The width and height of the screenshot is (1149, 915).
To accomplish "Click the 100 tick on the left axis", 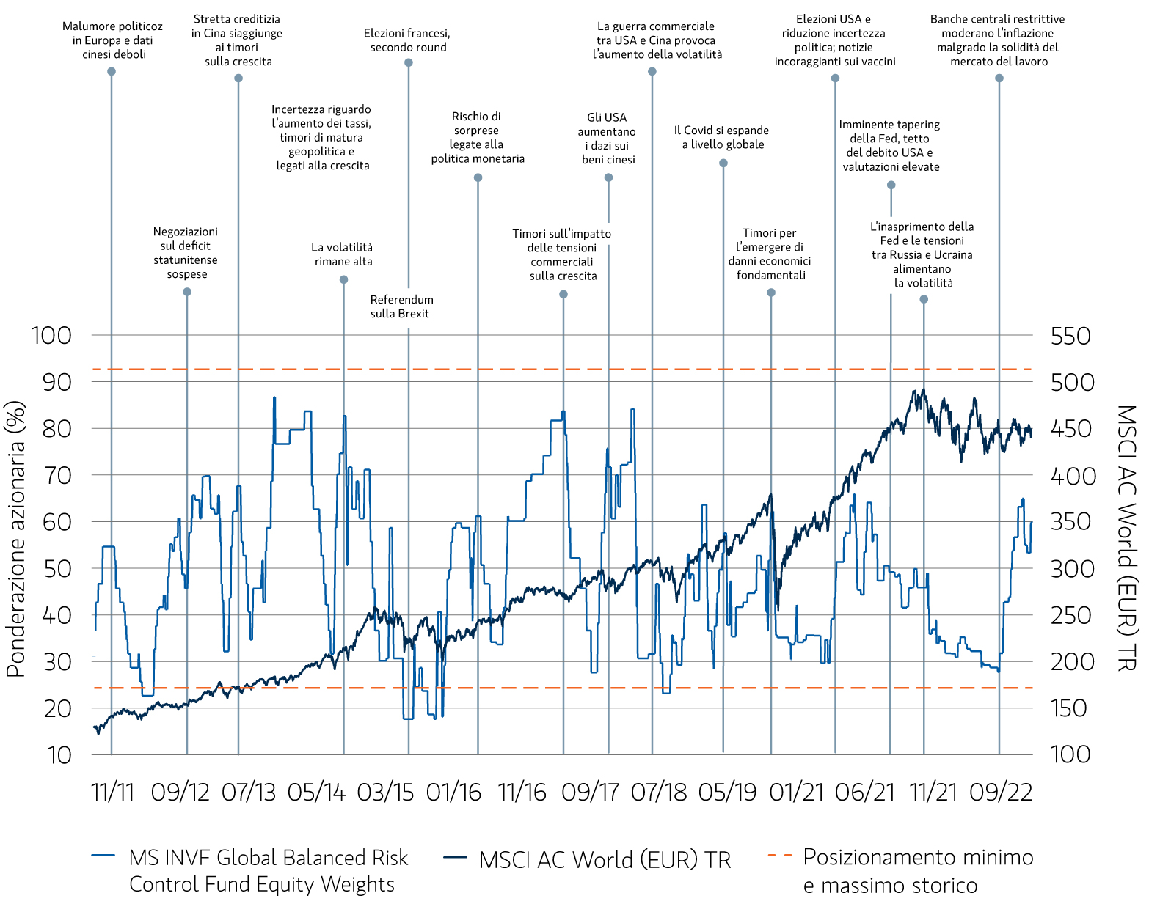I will [x=51, y=336].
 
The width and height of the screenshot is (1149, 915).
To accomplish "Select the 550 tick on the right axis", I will [x=1070, y=337].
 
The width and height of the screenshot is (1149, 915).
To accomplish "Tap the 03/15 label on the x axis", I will [x=385, y=793].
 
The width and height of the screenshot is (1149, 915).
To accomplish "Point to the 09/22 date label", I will [x=1000, y=793].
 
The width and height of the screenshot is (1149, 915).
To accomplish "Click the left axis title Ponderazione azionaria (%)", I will [x=16, y=539].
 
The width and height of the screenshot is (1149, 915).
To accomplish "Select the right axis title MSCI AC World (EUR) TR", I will [x=1127, y=539].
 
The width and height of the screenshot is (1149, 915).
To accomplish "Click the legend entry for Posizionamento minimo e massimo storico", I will [x=917, y=871].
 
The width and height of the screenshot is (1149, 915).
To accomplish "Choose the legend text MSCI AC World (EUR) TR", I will [x=605, y=860].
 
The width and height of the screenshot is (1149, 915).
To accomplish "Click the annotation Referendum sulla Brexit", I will [x=401, y=306].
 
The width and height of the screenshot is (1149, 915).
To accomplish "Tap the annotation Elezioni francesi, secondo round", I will [x=407, y=40].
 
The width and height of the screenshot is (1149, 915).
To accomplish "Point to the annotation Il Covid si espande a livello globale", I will [x=722, y=137].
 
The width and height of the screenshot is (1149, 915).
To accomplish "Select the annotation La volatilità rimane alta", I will [x=343, y=254].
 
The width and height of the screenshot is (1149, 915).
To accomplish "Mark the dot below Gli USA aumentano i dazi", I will [x=608, y=178].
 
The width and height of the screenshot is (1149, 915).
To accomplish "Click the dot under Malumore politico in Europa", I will [x=112, y=72].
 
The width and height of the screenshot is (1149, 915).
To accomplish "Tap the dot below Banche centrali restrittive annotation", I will [x=999, y=78].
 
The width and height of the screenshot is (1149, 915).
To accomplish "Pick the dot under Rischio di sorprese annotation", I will [x=478, y=177].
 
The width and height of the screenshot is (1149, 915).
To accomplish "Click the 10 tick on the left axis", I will [x=59, y=755].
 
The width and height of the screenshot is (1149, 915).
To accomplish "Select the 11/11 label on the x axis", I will [x=113, y=793].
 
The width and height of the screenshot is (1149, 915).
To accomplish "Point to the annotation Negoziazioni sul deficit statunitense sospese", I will [x=186, y=253].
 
